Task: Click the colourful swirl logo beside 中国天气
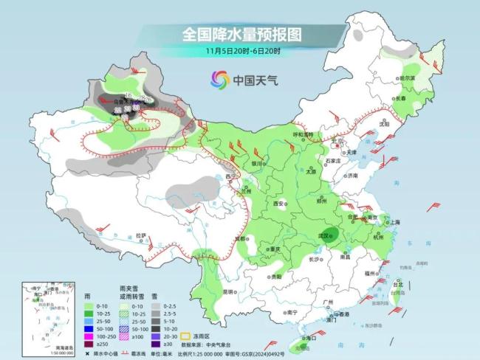pyautogui.click(x=219, y=78)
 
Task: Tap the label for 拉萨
pyautogui.click(x=140, y=236)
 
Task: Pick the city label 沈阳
pyautogui.click(x=383, y=125)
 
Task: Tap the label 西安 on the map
pyautogui.click(x=278, y=204)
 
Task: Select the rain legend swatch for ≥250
pyautogui.click(x=89, y=342)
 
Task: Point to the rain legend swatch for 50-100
pyautogui.click(x=89, y=328)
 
